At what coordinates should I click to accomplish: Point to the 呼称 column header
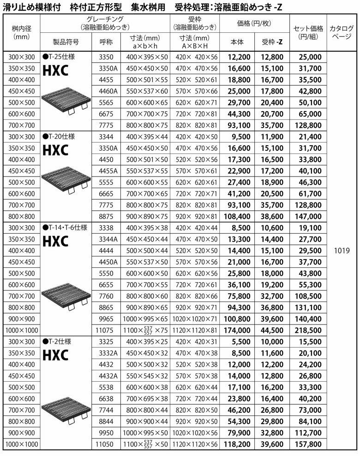pos(106,41)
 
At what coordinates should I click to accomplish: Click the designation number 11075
pos(106,330)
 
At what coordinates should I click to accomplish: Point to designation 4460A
pos(106,91)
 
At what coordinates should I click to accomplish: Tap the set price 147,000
pos(308,216)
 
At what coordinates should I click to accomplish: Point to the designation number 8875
pos(106,216)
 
